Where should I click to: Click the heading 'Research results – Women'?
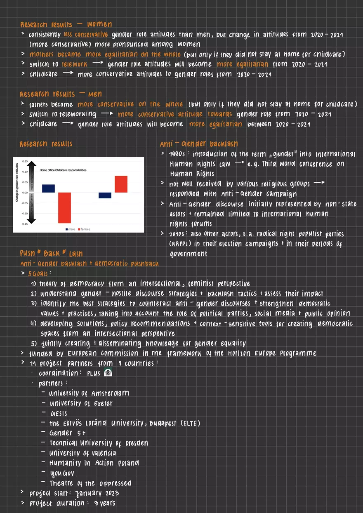click(x=66, y=24)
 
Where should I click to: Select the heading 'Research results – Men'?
click(x=61, y=94)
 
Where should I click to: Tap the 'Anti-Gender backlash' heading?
click(x=198, y=144)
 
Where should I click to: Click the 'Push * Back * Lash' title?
click(x=51, y=253)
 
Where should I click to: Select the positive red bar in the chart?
click(x=121, y=184)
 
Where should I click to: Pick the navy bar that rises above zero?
click(x=48, y=188)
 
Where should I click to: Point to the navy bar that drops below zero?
click(x=105, y=195)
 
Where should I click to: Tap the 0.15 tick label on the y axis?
click(x=25, y=161)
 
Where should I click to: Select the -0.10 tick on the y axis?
click(x=24, y=213)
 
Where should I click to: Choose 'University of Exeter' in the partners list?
click(x=81, y=403)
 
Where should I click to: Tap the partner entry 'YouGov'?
click(x=62, y=473)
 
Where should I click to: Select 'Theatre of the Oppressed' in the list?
click(x=90, y=483)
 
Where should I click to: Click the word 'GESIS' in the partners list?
click(x=58, y=413)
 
